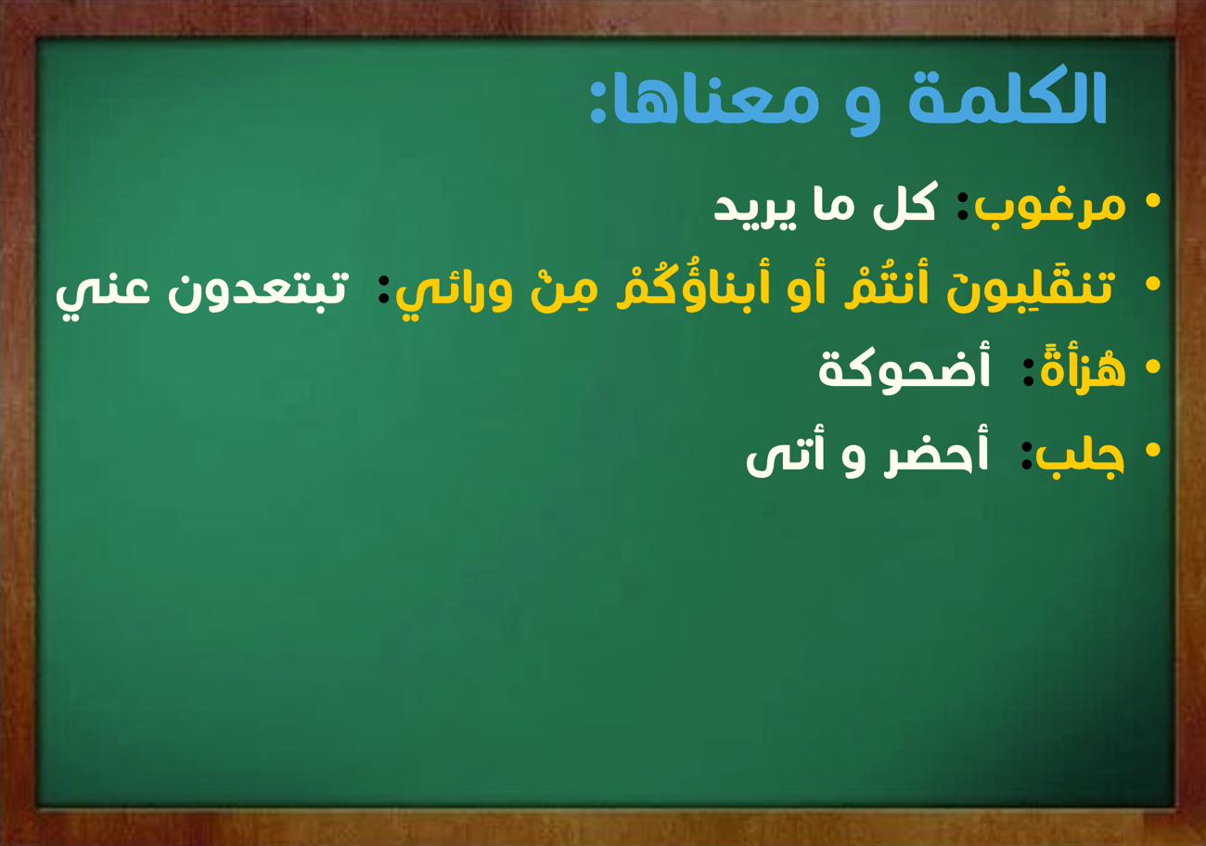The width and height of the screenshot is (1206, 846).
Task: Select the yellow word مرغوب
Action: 1050,208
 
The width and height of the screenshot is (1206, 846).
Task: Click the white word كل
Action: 904,206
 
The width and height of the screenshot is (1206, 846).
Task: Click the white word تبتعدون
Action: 259,290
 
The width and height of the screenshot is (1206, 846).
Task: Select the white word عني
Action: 102,296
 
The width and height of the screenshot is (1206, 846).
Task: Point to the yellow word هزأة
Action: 1083,369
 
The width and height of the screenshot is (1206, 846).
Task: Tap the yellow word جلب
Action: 1080,456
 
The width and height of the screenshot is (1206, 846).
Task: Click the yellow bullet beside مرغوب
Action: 1153,201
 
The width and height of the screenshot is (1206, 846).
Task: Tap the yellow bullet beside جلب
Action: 1153,449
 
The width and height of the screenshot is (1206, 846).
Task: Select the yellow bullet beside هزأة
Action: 1153,366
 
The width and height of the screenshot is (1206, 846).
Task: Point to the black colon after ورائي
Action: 383,289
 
